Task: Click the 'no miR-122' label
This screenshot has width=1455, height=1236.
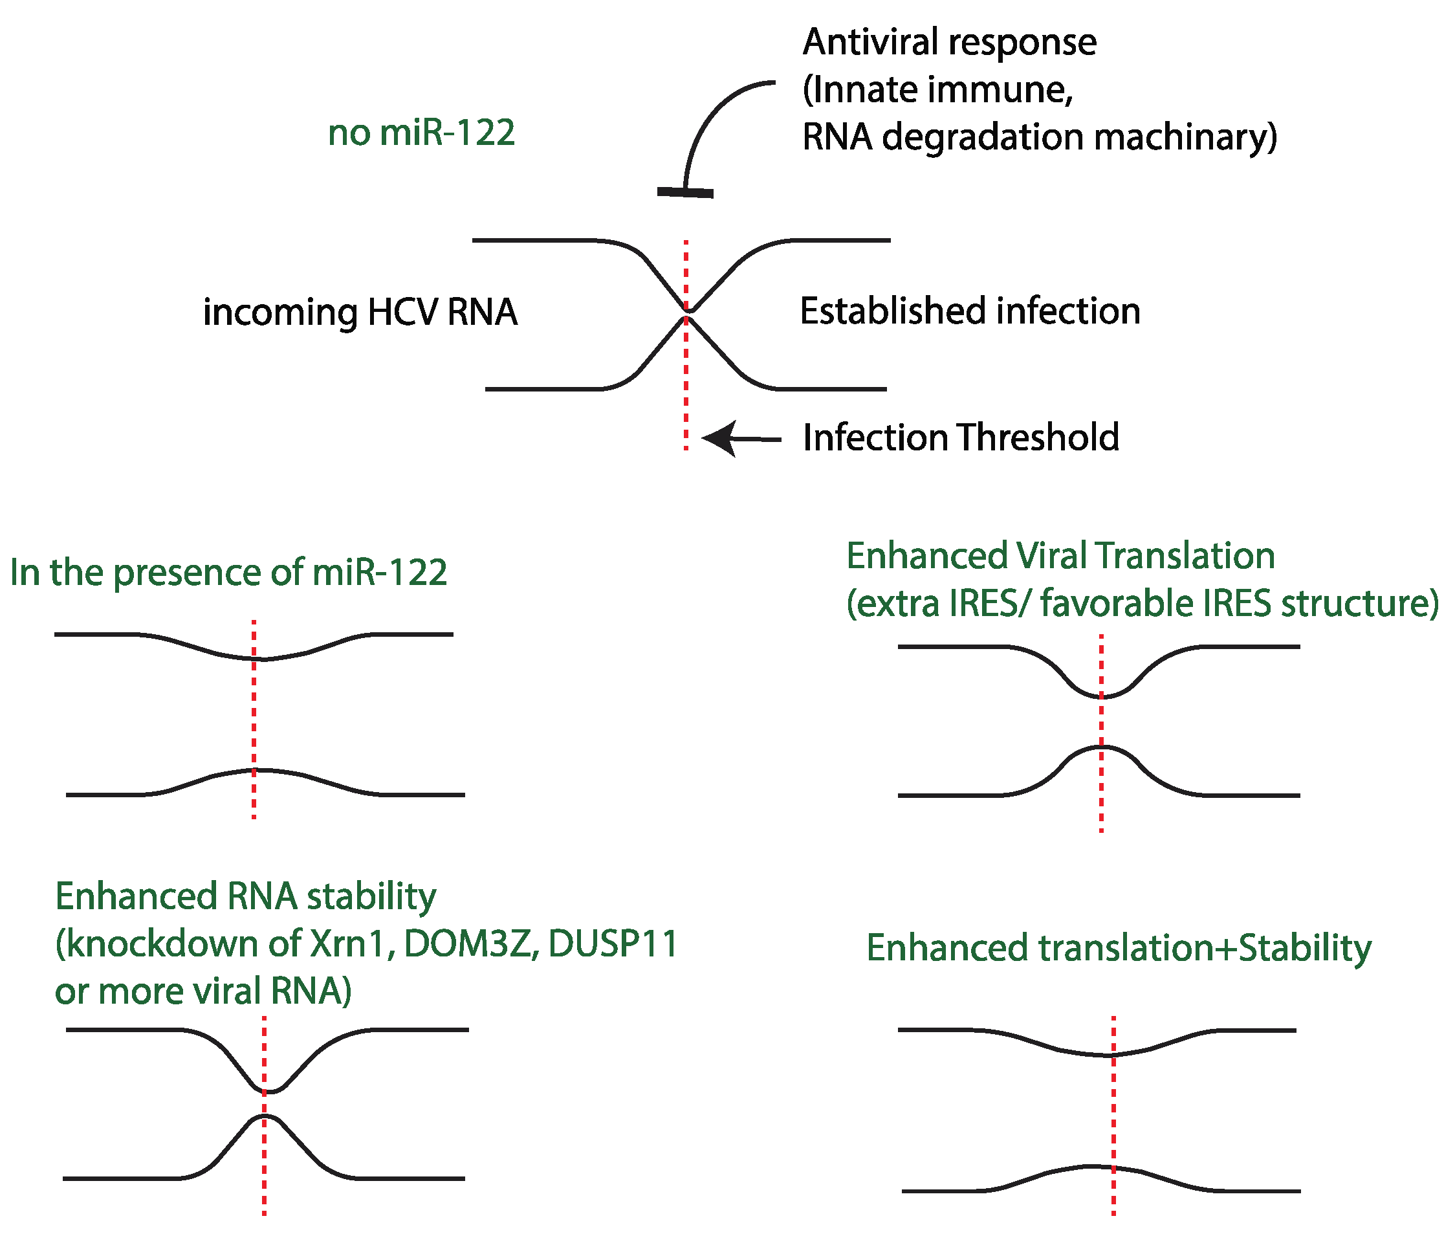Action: point(421,133)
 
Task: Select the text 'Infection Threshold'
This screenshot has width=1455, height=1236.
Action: point(961,438)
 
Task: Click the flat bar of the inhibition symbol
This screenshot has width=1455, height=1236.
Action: point(684,192)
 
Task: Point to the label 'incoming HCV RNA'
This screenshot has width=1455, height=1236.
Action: point(360,312)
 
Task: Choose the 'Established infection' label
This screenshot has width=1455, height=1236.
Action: point(970,311)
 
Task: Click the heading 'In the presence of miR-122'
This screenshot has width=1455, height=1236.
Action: point(228,572)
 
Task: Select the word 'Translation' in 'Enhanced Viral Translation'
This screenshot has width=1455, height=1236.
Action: point(1185,556)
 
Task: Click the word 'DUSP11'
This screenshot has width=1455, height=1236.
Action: point(613,943)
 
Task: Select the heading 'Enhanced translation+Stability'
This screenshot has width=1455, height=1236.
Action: point(1118,947)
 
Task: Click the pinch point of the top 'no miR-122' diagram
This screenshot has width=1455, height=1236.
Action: point(686,314)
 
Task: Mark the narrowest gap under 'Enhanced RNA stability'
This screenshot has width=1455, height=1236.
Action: point(265,1103)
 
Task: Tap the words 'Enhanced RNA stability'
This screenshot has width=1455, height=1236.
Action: point(245,896)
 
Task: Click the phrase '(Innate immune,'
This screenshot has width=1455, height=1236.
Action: point(937,90)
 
